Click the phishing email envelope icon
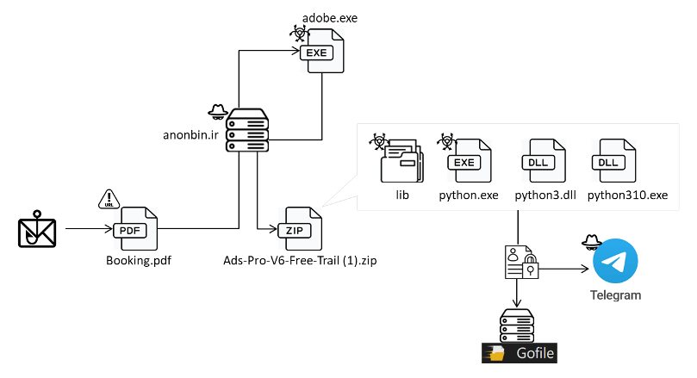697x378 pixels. (x=38, y=230)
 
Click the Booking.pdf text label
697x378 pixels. (x=133, y=260)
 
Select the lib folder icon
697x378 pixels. (x=401, y=162)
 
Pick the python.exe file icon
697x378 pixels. (x=469, y=162)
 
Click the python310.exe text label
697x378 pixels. (x=627, y=195)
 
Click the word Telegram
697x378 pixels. (x=615, y=295)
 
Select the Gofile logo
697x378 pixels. (x=519, y=353)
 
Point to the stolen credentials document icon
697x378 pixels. (x=519, y=262)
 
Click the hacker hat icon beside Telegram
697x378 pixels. (x=589, y=241)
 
